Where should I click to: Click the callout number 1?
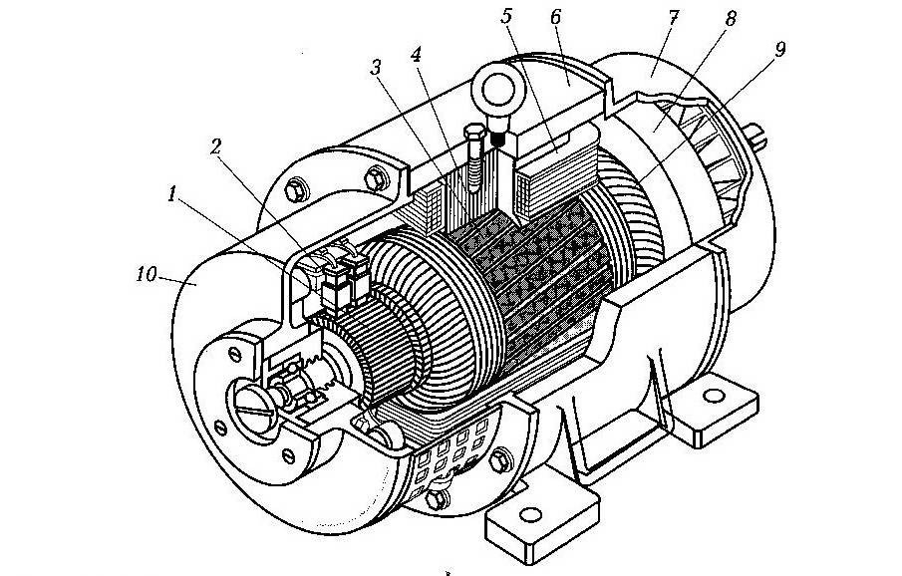[171, 194]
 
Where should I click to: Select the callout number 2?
[215, 146]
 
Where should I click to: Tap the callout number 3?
[376, 68]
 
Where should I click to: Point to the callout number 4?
[416, 54]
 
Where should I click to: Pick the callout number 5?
[506, 16]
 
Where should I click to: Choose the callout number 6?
[555, 17]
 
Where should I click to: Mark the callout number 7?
[674, 17]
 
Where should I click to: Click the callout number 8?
[730, 18]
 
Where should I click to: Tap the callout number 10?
[147, 274]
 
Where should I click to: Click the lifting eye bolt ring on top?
[496, 90]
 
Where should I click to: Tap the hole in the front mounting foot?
[530, 514]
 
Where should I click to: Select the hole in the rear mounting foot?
[714, 396]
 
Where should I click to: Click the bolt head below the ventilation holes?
[437, 497]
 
